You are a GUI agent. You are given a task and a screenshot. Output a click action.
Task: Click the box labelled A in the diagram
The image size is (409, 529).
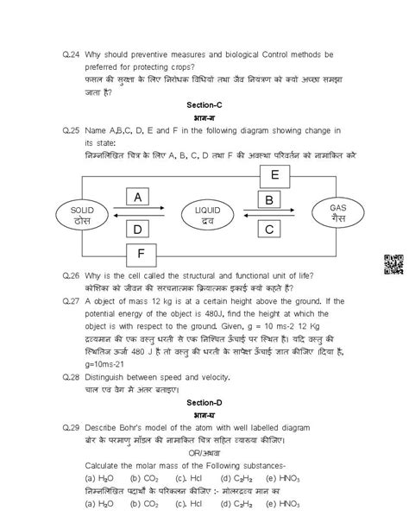coord(138,198)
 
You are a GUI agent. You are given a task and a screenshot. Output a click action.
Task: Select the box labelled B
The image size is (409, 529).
coord(269,200)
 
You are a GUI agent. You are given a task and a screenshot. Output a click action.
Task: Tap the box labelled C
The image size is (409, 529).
coord(269,229)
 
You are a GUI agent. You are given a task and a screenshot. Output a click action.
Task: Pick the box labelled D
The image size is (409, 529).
coord(138,229)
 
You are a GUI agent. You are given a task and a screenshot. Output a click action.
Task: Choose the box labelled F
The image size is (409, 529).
coord(142,255)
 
